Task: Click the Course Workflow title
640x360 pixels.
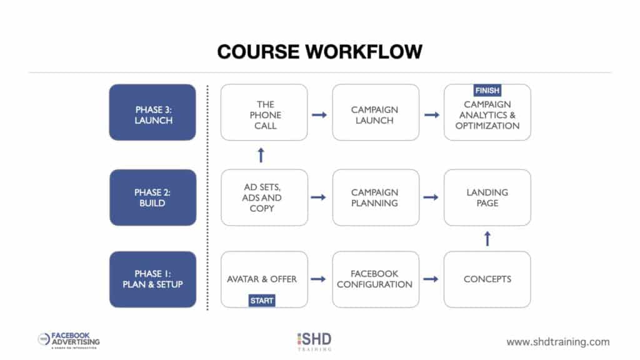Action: tap(319, 52)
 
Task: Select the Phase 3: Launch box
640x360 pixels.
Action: tap(152, 112)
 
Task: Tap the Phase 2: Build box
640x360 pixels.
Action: tap(152, 197)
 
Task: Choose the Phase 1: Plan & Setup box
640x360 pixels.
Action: tap(152, 279)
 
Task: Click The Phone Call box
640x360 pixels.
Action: tap(264, 112)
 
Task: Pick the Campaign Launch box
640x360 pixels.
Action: tap(376, 112)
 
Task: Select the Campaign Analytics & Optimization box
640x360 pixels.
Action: tap(487, 115)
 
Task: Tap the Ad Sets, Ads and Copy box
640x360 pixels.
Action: tap(264, 197)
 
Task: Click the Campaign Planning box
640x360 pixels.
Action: tap(376, 197)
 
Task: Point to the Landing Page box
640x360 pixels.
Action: tap(487, 197)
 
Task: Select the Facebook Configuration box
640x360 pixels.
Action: tap(376, 279)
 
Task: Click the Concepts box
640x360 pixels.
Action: tap(487, 279)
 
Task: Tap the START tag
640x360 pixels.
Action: tap(262, 301)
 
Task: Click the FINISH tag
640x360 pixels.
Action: tap(487, 91)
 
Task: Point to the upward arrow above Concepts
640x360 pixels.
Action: tap(487, 238)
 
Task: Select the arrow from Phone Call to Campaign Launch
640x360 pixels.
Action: tap(319, 115)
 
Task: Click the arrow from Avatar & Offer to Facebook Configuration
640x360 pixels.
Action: tap(319, 279)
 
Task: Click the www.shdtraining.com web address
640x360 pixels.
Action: tap(557, 342)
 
